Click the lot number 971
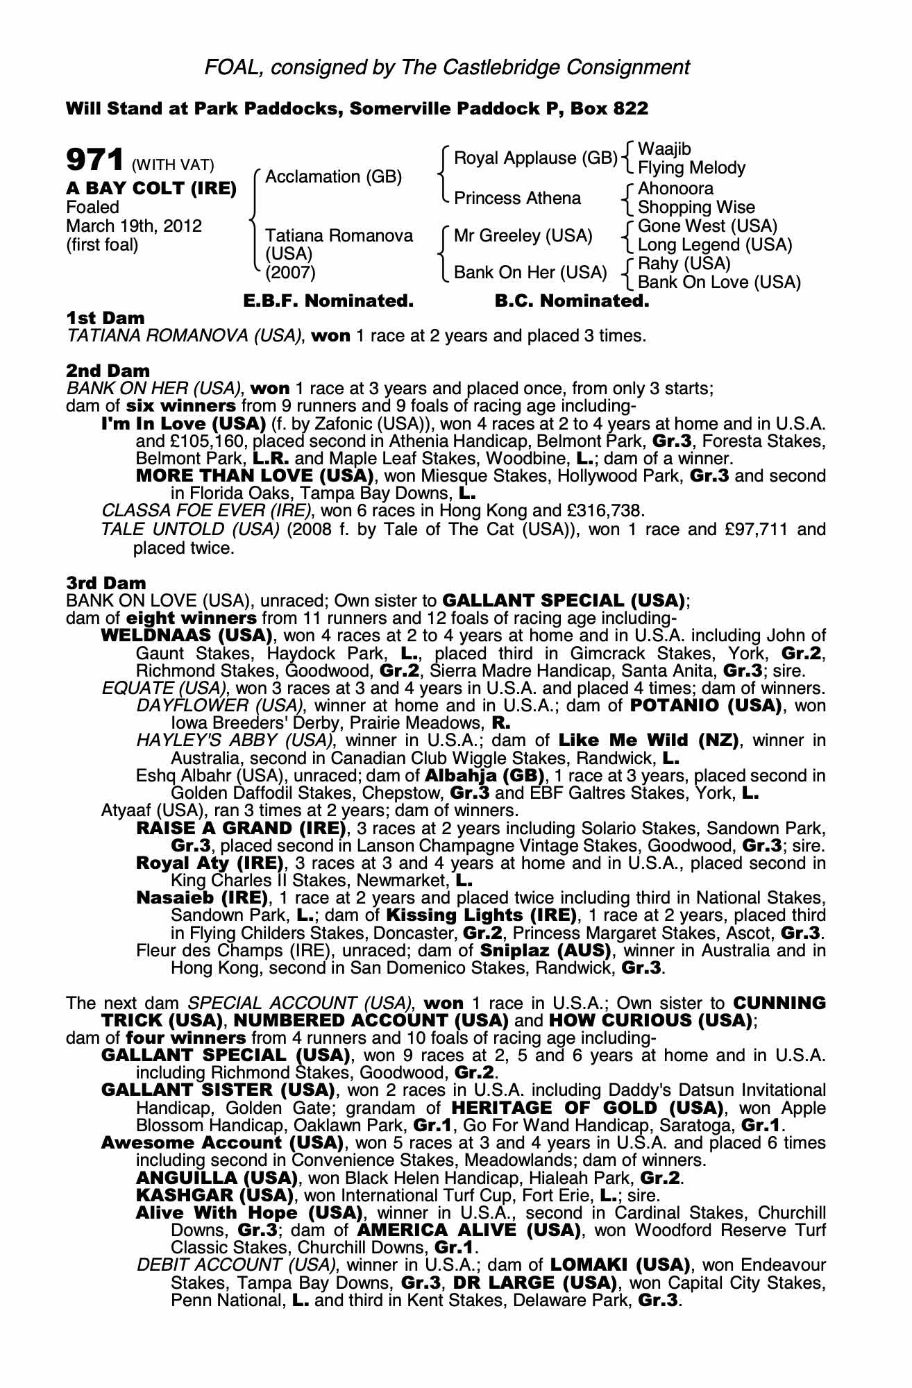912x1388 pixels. pos(94,160)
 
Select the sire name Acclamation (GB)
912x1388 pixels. pos(333,177)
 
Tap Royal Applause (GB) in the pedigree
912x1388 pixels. pos(535,158)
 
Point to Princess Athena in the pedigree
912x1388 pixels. pos(517,198)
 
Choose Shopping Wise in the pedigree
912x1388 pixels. pos(696,208)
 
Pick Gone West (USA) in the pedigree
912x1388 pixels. pos(707,226)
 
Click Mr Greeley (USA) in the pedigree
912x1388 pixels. pos(523,236)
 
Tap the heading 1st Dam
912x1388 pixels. pos(105,319)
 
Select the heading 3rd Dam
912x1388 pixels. pos(106,583)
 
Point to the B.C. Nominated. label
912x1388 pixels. pos(572,301)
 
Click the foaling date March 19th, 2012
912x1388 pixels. pos(134,226)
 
